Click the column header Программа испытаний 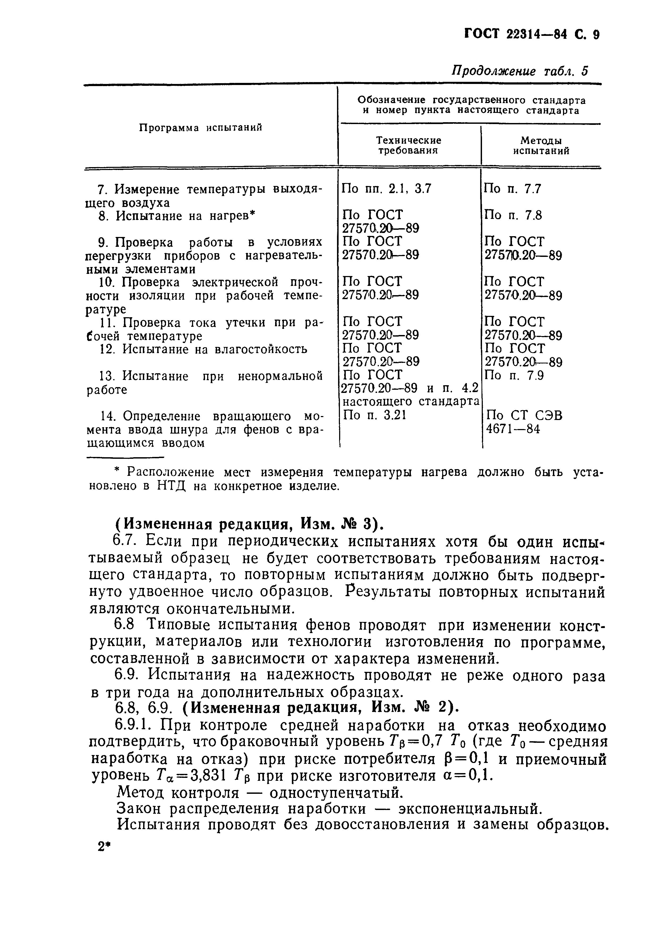point(201,128)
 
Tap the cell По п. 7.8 point(513,215)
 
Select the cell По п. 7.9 point(514,375)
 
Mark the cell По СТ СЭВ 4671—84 point(524,422)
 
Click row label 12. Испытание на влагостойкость point(203,349)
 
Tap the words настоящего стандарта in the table point(411,402)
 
